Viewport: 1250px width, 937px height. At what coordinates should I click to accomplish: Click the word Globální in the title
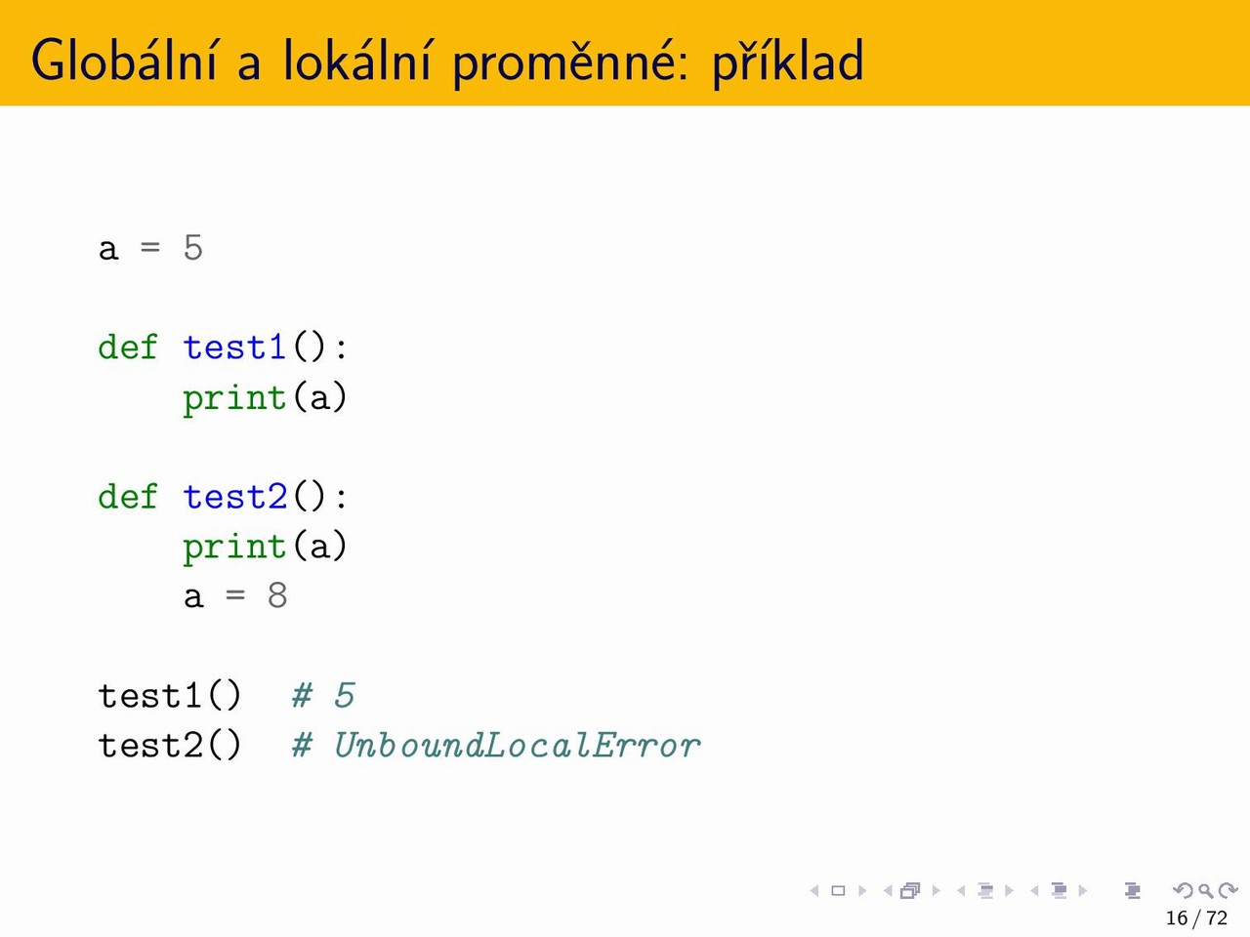pos(124,61)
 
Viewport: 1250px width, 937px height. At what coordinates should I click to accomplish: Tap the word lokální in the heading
pos(356,61)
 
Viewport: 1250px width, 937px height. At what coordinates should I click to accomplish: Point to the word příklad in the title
pos(788,62)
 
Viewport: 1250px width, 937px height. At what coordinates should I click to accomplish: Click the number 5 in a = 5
pos(193,248)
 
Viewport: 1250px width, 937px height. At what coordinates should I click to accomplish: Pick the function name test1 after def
pos(234,347)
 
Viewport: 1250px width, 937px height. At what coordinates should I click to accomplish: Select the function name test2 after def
pos(235,497)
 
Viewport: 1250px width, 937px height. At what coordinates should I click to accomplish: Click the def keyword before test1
pos(128,346)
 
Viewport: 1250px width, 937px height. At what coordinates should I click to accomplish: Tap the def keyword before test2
pos(128,496)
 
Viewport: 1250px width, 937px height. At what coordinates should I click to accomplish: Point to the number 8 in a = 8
pos(277,596)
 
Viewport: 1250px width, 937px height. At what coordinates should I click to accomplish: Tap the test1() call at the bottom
pos(170,695)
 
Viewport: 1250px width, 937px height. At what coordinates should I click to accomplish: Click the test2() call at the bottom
pos(170,746)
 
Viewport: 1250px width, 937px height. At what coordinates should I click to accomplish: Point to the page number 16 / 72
pos(1196,917)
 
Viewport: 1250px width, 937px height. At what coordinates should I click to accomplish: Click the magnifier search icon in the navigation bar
pos(1205,890)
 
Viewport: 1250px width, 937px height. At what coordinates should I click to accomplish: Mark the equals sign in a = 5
pos(150,248)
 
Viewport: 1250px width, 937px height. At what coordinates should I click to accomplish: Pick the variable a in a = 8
pos(193,597)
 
